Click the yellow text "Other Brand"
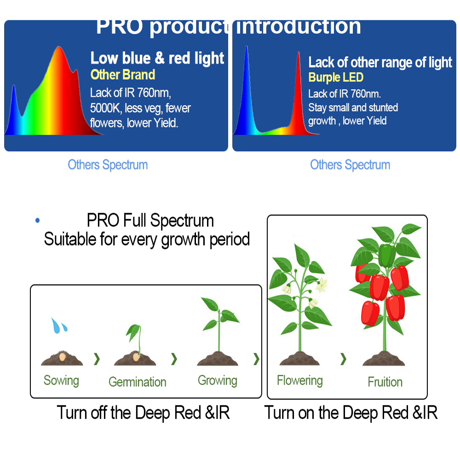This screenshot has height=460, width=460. (x=123, y=75)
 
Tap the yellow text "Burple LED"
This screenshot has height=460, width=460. (x=336, y=77)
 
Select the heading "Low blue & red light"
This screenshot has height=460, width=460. (x=157, y=58)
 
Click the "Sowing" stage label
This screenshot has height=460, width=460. (x=61, y=380)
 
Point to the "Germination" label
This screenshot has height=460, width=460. (x=137, y=382)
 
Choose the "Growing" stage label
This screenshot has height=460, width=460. (x=218, y=380)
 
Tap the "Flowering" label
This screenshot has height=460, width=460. (x=300, y=380)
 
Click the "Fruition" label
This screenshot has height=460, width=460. (x=385, y=382)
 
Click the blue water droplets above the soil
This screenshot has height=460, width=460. (x=59, y=325)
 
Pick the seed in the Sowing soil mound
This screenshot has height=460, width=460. (x=62, y=357)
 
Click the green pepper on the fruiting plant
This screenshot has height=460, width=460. (x=387, y=255)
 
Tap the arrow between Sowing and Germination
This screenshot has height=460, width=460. (x=97, y=359)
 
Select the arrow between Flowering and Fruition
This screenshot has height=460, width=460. (x=343, y=359)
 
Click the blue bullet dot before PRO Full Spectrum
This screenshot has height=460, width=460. (x=37, y=220)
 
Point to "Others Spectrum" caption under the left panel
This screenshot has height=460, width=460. (x=108, y=165)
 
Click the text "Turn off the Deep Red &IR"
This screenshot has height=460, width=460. (x=143, y=413)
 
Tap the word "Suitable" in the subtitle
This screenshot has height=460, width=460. (x=70, y=239)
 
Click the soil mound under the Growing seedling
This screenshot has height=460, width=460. (x=218, y=358)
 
